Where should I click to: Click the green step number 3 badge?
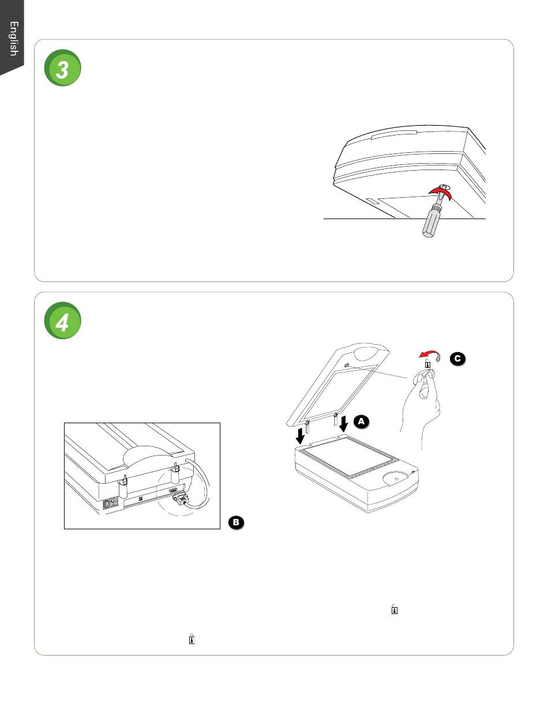coord(62,70)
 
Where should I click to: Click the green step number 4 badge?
coord(62,322)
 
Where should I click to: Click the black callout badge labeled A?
coord(361,422)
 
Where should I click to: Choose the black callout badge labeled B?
coord(237,522)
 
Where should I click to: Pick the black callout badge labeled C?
coord(456,359)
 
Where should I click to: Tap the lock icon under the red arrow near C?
coord(427,364)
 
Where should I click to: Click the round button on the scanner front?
coord(393,477)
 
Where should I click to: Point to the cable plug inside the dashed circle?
coord(179,500)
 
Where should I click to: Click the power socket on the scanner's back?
coord(111,503)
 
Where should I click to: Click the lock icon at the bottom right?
coord(395,609)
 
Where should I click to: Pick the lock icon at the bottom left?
coord(192,639)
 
